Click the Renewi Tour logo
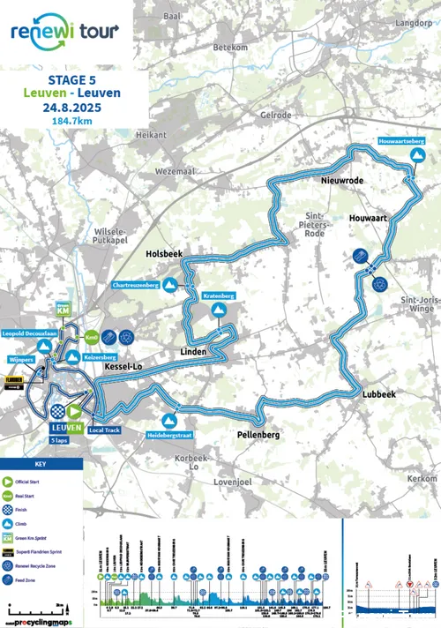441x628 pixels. (x=64, y=32)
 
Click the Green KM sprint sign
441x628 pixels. (x=63, y=308)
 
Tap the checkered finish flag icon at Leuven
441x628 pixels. (x=58, y=411)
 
